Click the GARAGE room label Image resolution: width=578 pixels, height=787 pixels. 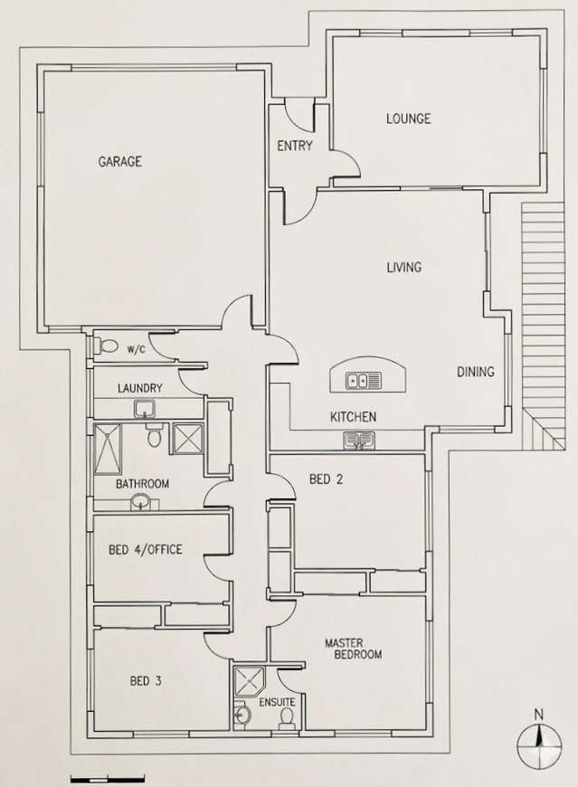[x=119, y=162]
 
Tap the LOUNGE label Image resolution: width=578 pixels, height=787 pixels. [x=408, y=119]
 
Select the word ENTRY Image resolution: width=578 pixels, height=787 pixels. [x=294, y=146]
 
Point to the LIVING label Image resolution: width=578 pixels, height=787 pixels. [x=404, y=267]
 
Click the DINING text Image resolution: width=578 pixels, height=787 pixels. [x=475, y=371]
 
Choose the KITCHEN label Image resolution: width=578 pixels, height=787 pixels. [x=352, y=417]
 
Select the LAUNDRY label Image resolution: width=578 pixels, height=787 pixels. [x=139, y=389]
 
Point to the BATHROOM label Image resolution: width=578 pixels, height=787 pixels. [x=142, y=484]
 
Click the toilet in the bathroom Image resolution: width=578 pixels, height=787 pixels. [x=154, y=439]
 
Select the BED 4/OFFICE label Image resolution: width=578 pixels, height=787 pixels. [x=146, y=549]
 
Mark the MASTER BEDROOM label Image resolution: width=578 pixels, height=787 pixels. [x=353, y=649]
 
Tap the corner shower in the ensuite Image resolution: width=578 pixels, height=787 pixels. [x=245, y=679]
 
